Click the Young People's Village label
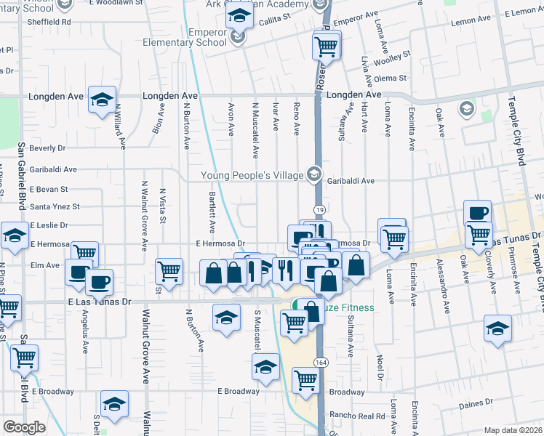point(252,174)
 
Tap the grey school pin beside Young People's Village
point(313,174)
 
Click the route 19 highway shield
point(319,209)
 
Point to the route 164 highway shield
point(320,361)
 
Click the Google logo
point(24,427)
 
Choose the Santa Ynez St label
point(55,207)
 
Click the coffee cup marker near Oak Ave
point(477,212)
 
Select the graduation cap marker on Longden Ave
point(102,98)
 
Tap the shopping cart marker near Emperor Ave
point(327,47)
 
